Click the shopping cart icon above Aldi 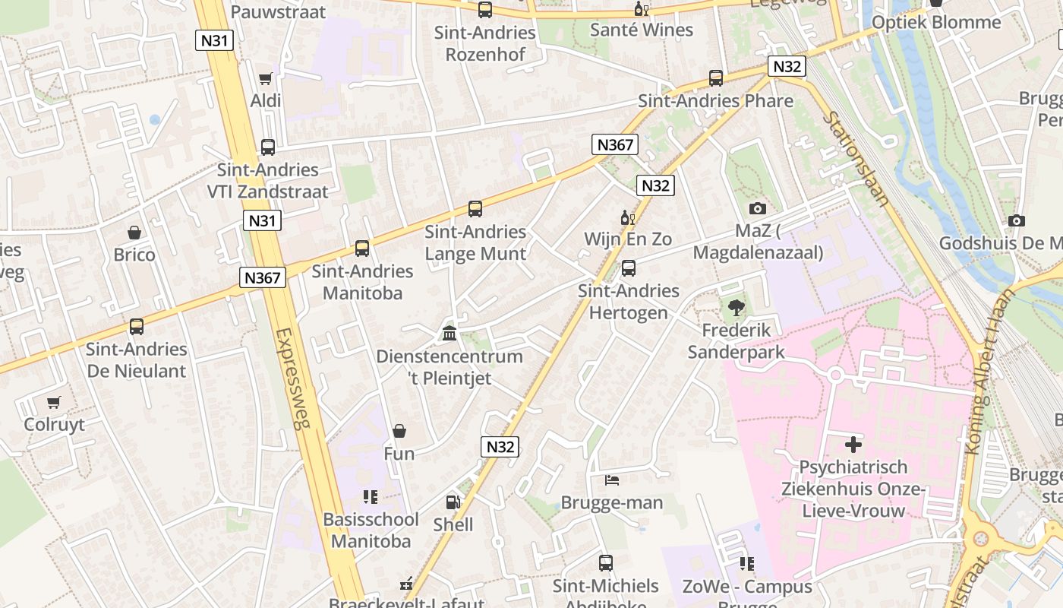click(x=265, y=78)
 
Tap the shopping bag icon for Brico click(x=134, y=233)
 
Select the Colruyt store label click(x=55, y=424)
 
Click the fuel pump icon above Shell click(x=453, y=502)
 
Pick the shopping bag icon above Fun click(x=399, y=432)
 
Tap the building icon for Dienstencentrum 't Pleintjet click(x=449, y=334)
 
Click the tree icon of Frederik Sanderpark click(x=736, y=308)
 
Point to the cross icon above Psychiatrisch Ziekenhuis click(x=853, y=445)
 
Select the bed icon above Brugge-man click(x=612, y=480)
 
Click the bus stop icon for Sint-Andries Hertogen click(x=629, y=268)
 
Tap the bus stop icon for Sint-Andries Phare click(x=715, y=78)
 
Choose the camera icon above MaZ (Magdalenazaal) click(x=757, y=208)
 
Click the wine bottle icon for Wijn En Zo click(x=627, y=217)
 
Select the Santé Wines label click(x=642, y=30)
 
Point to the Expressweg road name click(x=292, y=378)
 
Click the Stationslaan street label click(x=856, y=159)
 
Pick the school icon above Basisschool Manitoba click(x=370, y=497)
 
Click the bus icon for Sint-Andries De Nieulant click(x=137, y=327)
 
